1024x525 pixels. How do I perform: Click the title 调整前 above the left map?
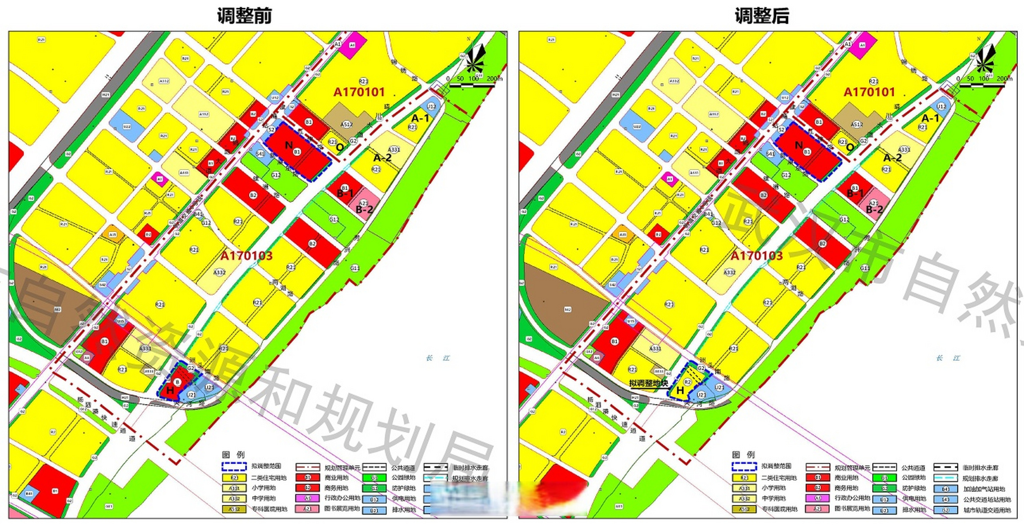tap(244, 16)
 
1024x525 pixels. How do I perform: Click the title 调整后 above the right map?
tap(762, 16)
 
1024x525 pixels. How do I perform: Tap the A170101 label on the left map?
tap(359, 92)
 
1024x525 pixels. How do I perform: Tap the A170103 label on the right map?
tap(757, 256)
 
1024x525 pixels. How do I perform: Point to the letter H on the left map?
tap(170, 390)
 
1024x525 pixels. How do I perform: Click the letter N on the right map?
tap(799, 145)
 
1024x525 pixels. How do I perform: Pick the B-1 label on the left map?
tap(345, 193)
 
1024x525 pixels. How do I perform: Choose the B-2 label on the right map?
tap(874, 210)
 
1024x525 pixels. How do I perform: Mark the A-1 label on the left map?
tap(420, 118)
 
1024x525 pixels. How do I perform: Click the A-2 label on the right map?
tap(892, 158)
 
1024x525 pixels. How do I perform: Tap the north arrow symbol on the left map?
tap(476, 57)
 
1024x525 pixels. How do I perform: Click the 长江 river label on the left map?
tap(438, 358)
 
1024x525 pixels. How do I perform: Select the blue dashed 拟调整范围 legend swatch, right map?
tap(744, 466)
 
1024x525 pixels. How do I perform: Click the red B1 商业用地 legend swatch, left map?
tap(307, 477)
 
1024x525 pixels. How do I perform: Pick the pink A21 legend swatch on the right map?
tap(817, 509)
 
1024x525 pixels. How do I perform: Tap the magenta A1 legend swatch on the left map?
tap(307, 498)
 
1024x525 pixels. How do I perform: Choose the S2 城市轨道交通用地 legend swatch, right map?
tap(945, 510)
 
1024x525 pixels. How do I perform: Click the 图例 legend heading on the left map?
tap(233, 454)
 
